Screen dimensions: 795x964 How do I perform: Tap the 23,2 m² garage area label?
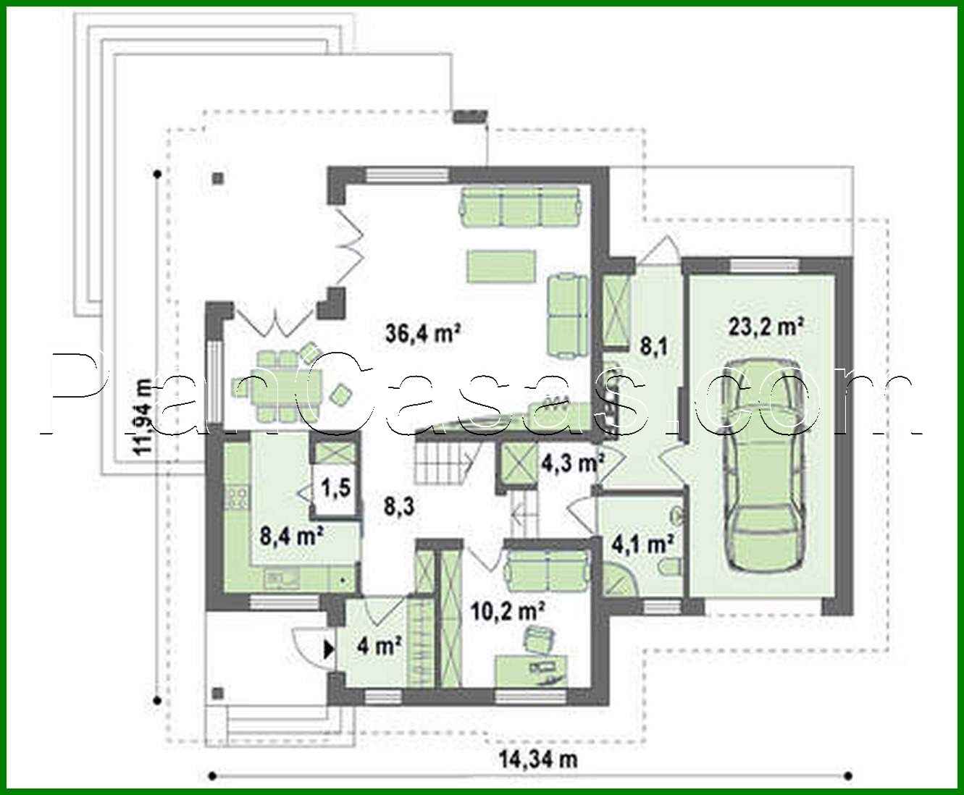coord(766,327)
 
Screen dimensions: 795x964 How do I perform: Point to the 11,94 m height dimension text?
coord(143,416)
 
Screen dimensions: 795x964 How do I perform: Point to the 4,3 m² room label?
coord(573,461)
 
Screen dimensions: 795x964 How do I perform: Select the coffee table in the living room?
coord(501,266)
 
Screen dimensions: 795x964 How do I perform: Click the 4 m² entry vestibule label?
coord(380,645)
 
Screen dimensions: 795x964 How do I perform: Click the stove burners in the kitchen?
coord(236,497)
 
